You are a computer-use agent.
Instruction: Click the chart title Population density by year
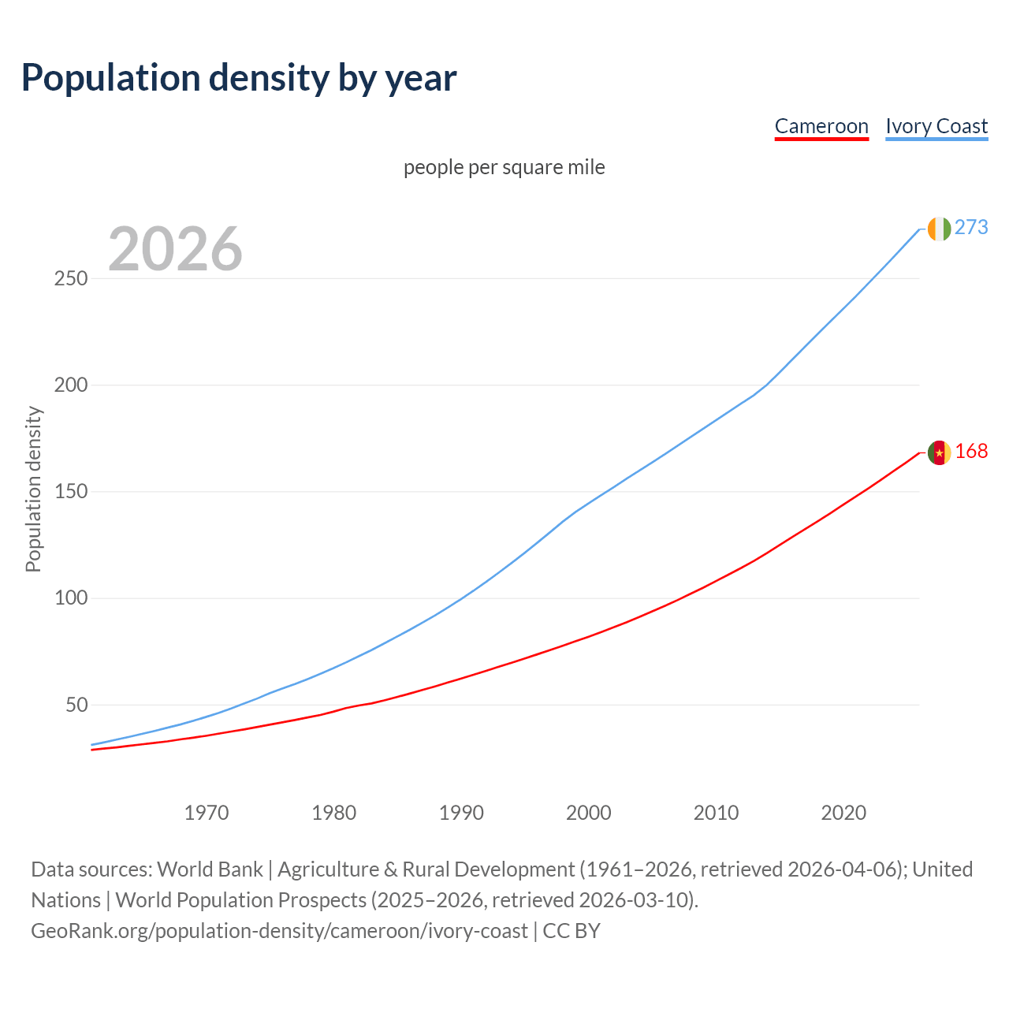[239, 78]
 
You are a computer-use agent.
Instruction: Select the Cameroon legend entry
[821, 126]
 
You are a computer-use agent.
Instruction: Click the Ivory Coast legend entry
[936, 126]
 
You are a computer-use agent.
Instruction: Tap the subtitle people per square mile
[504, 167]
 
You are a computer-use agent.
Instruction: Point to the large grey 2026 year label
[175, 249]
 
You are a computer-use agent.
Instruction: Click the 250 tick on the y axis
[71, 279]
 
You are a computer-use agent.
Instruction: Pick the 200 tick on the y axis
[71, 385]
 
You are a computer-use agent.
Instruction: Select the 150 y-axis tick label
[71, 492]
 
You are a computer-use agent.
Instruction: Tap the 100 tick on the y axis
[71, 598]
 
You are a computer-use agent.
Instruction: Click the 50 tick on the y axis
[76, 705]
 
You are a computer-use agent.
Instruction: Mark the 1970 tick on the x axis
[207, 813]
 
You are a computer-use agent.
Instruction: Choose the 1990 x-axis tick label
[461, 813]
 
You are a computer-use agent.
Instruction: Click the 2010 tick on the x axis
[716, 813]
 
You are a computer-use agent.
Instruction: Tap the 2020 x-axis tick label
[843, 813]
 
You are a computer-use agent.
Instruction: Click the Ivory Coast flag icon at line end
[939, 229]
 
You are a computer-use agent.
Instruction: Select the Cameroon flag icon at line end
[939, 452]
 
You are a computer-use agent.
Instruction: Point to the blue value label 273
[971, 227]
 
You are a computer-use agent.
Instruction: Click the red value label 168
[971, 451]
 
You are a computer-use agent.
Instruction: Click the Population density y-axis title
[33, 489]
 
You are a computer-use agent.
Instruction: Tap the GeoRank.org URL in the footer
[279, 931]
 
